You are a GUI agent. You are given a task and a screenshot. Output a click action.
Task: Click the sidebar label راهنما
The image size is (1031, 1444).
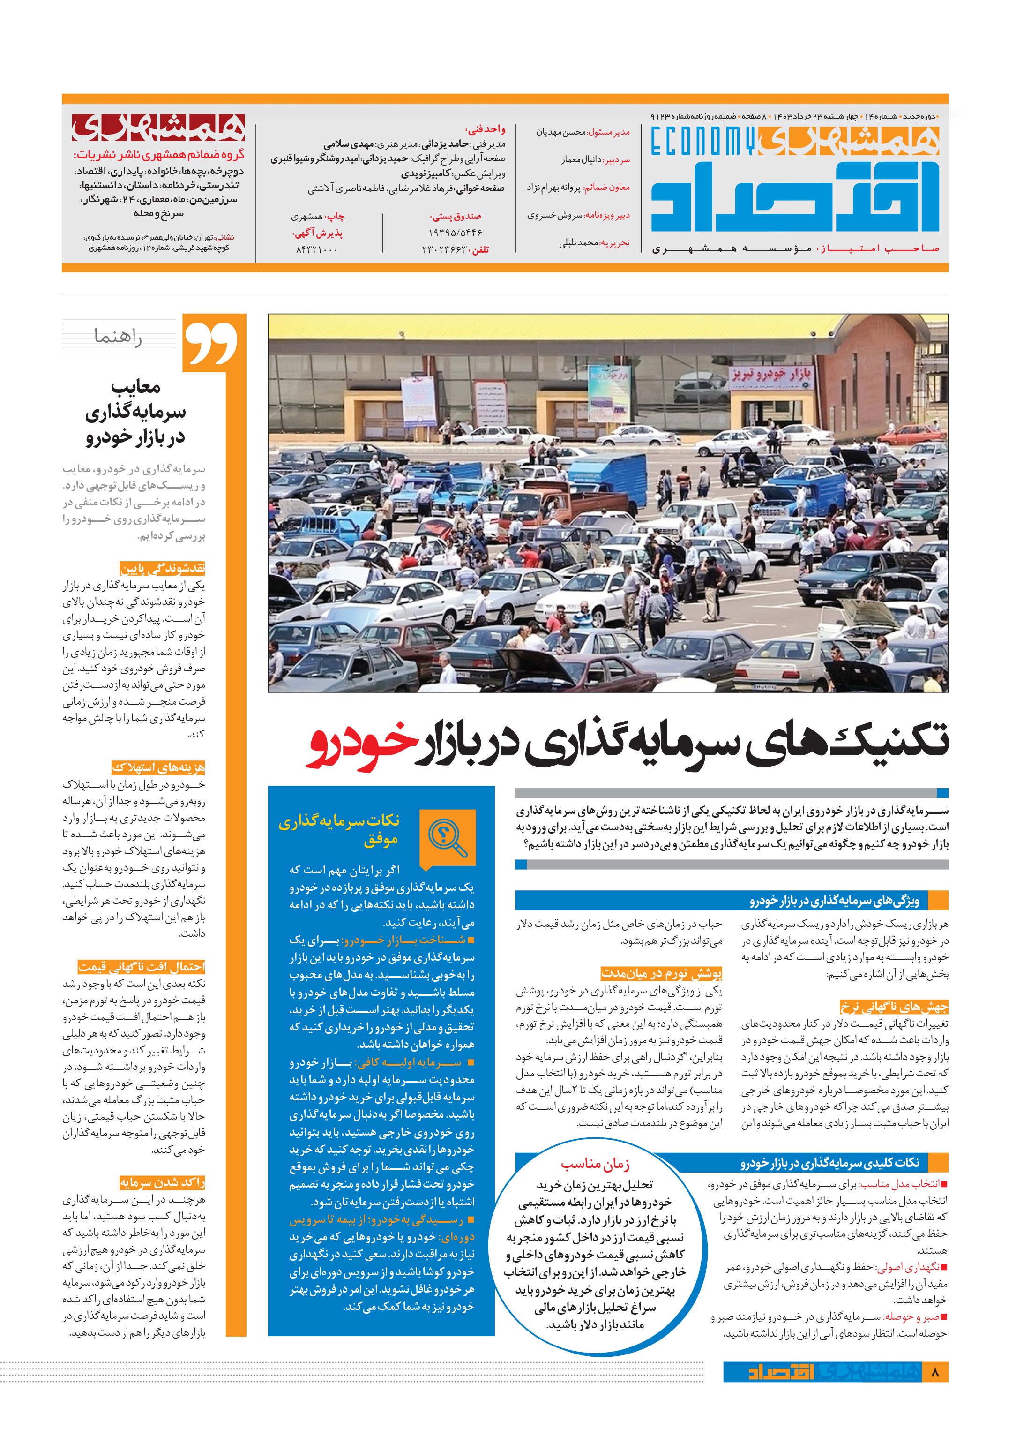coord(118,337)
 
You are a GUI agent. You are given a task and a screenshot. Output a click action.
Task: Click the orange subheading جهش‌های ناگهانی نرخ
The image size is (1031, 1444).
coord(893,1007)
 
